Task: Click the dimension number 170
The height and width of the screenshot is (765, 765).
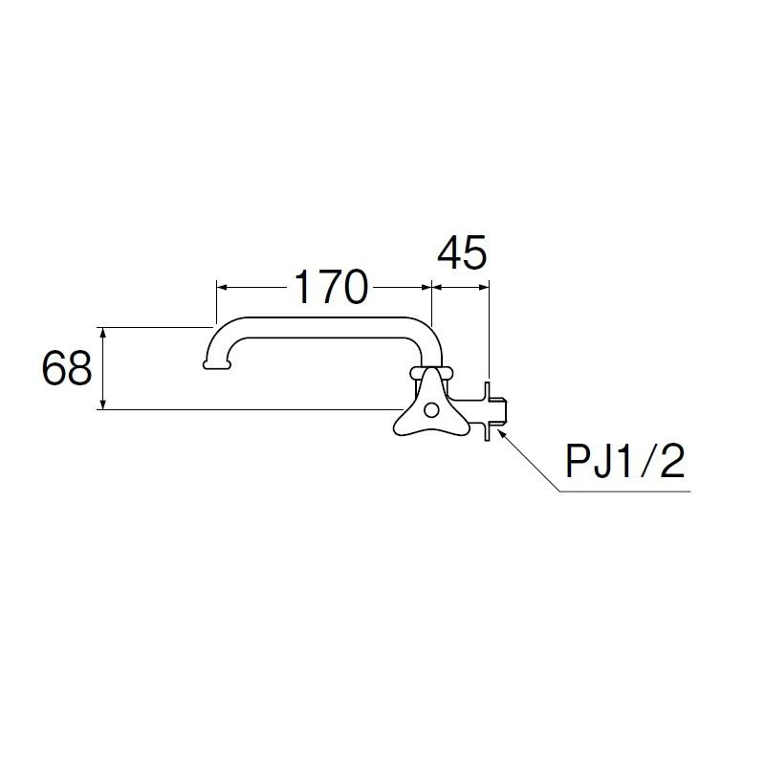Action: [331, 288]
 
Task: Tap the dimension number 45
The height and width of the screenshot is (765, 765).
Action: [462, 252]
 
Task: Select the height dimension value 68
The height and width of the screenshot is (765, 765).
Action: [67, 368]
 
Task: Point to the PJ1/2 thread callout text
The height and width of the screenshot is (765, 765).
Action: [625, 462]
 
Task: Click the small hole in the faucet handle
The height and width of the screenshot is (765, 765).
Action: [431, 410]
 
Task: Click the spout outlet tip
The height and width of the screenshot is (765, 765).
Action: [216, 364]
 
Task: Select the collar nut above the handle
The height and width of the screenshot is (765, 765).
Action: [431, 373]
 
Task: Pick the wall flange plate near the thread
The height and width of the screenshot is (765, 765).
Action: [487, 411]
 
